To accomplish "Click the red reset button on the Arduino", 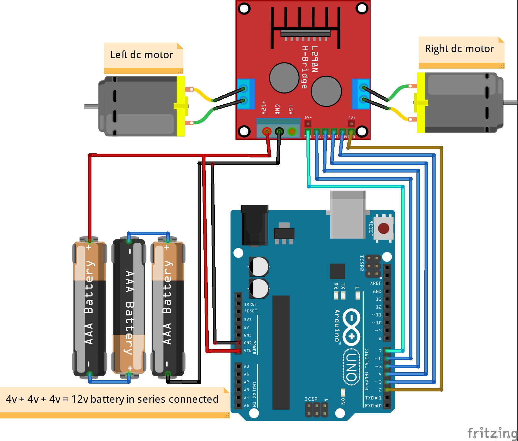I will (x=383, y=228).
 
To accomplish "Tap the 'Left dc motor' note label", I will (x=142, y=55).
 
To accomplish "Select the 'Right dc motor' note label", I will (x=459, y=49).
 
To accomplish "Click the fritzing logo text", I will (x=492, y=433).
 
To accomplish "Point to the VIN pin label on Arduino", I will (x=248, y=351).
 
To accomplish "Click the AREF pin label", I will (x=376, y=283).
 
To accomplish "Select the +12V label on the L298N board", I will (x=263, y=108).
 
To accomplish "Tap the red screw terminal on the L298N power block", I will (x=266, y=132).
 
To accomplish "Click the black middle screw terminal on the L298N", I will (x=279, y=132).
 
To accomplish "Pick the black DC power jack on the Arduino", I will (x=255, y=225).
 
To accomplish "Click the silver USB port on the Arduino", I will (x=348, y=215).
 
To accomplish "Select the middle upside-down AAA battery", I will (x=129, y=307).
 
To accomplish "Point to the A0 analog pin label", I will (x=246, y=366).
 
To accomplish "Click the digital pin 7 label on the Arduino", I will (x=380, y=351).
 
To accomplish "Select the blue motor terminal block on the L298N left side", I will (x=246, y=94).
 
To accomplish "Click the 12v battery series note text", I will (x=112, y=399).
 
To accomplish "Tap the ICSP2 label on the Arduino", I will (x=362, y=263).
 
